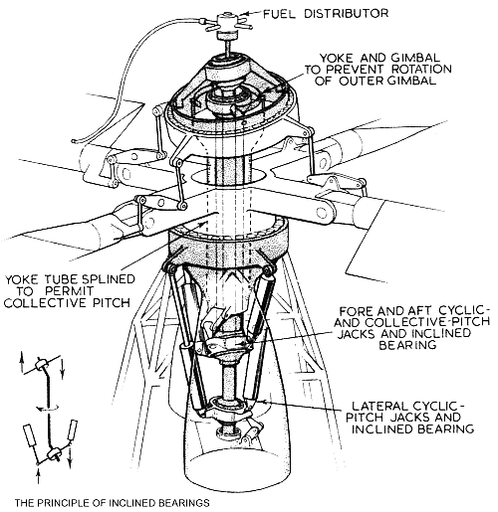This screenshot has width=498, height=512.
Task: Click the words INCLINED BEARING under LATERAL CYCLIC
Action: point(402,429)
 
